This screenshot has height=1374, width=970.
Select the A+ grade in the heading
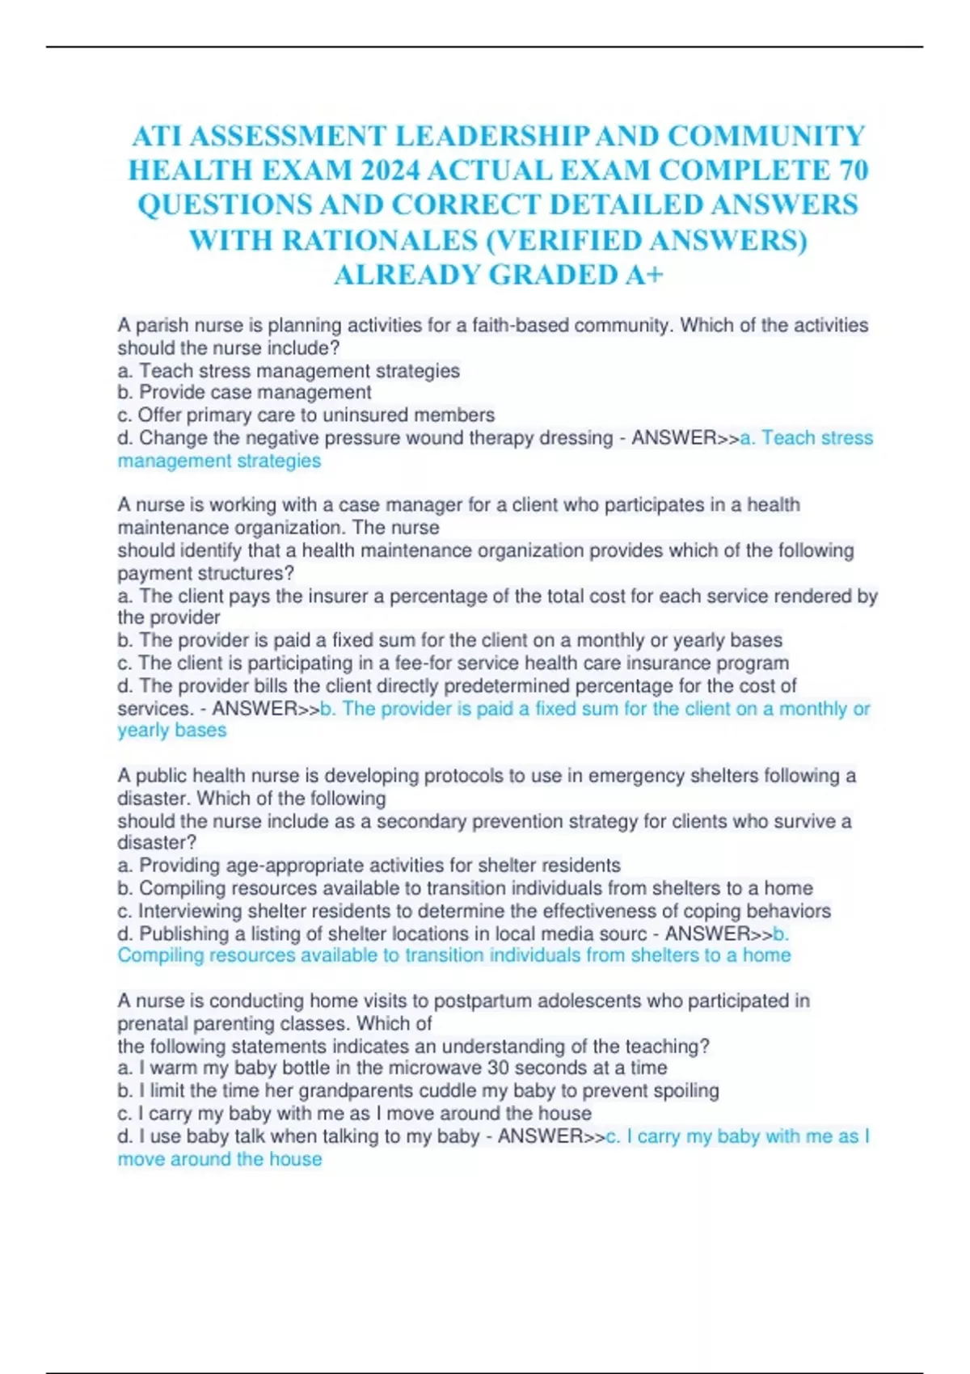[644, 275]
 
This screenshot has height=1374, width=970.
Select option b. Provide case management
[244, 393]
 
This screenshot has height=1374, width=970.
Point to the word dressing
[576, 438]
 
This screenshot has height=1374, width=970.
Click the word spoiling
[685, 1091]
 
